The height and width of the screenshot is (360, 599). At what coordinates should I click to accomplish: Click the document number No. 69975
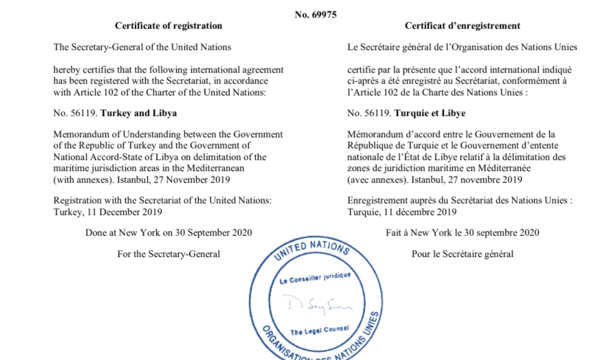pos(315,15)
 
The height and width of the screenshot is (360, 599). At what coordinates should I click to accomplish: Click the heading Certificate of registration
pos(168,26)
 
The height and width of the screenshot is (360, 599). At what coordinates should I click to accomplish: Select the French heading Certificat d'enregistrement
pos(462,26)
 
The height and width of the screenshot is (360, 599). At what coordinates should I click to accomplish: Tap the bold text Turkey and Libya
pos(138,113)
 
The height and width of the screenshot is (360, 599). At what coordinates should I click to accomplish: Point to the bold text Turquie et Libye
pos(430,113)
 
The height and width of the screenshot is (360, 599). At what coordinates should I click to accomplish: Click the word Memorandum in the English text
pos(87,134)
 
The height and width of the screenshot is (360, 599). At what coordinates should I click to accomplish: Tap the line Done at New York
pos(168,233)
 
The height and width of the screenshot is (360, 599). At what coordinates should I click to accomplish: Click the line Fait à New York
pos(462,233)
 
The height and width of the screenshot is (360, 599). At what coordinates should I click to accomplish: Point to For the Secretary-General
pos(168,254)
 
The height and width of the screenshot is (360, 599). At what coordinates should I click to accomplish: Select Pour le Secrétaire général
pos(462,254)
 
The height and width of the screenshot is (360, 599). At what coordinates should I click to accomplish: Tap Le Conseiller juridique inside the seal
pos(315,278)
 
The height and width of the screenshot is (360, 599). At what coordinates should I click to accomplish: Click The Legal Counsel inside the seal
pos(319,331)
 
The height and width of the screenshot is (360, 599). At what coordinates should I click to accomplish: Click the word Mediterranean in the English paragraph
pos(215,168)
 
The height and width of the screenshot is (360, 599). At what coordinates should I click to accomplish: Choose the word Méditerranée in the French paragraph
pos(504,168)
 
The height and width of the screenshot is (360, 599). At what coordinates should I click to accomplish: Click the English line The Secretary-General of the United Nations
pos(142,47)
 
